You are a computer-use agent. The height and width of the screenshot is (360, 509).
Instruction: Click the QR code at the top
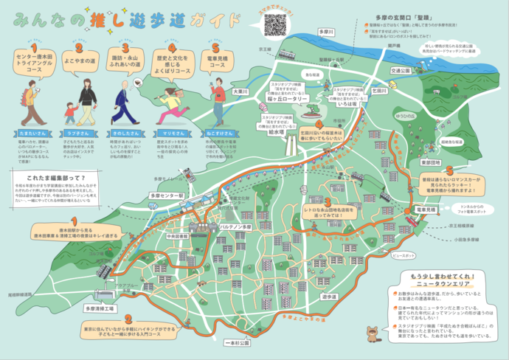tap(274, 24)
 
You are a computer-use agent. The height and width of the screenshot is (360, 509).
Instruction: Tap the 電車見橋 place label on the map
tap(429, 211)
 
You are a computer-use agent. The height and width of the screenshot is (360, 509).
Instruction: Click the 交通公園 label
tap(401, 72)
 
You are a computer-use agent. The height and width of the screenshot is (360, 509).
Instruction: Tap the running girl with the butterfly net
tap(170, 105)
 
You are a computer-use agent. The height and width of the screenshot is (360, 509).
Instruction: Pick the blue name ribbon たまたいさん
tap(27, 133)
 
